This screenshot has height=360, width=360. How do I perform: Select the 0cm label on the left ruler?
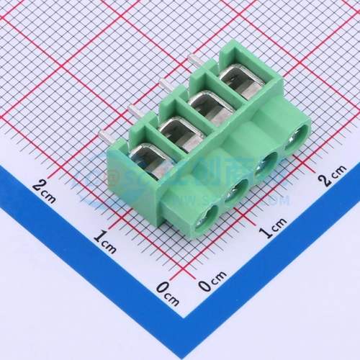tap(167, 290)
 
